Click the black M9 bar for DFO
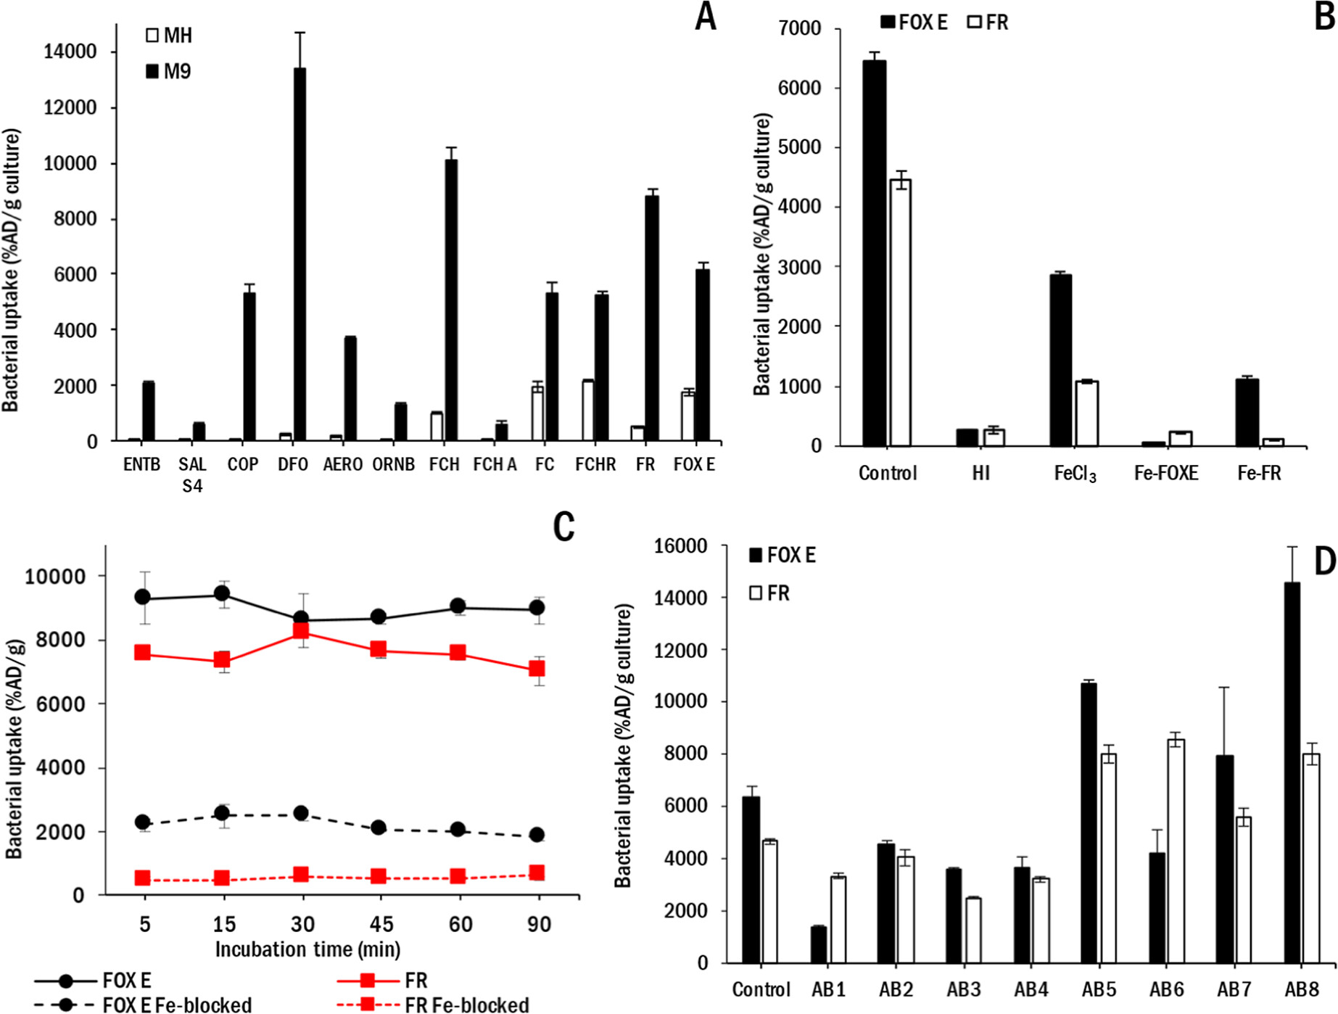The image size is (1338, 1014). tap(300, 254)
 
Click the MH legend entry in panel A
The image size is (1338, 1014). tap(170, 36)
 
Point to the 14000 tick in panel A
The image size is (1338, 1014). tap(70, 51)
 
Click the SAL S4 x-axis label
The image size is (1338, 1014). tap(192, 474)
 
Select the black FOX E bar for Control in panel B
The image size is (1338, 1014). tap(874, 253)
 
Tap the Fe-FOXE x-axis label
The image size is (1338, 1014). tap(1166, 474)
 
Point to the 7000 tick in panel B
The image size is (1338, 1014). tap(799, 29)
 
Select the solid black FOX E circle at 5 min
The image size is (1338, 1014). tap(143, 597)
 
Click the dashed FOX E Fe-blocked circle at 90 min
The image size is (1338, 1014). tap(537, 835)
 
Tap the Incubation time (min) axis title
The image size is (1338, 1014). tap(307, 949)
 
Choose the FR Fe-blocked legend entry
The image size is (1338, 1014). tap(433, 1005)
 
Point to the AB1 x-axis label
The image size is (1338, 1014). tap(828, 989)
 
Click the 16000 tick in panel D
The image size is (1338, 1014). tap(680, 546)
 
